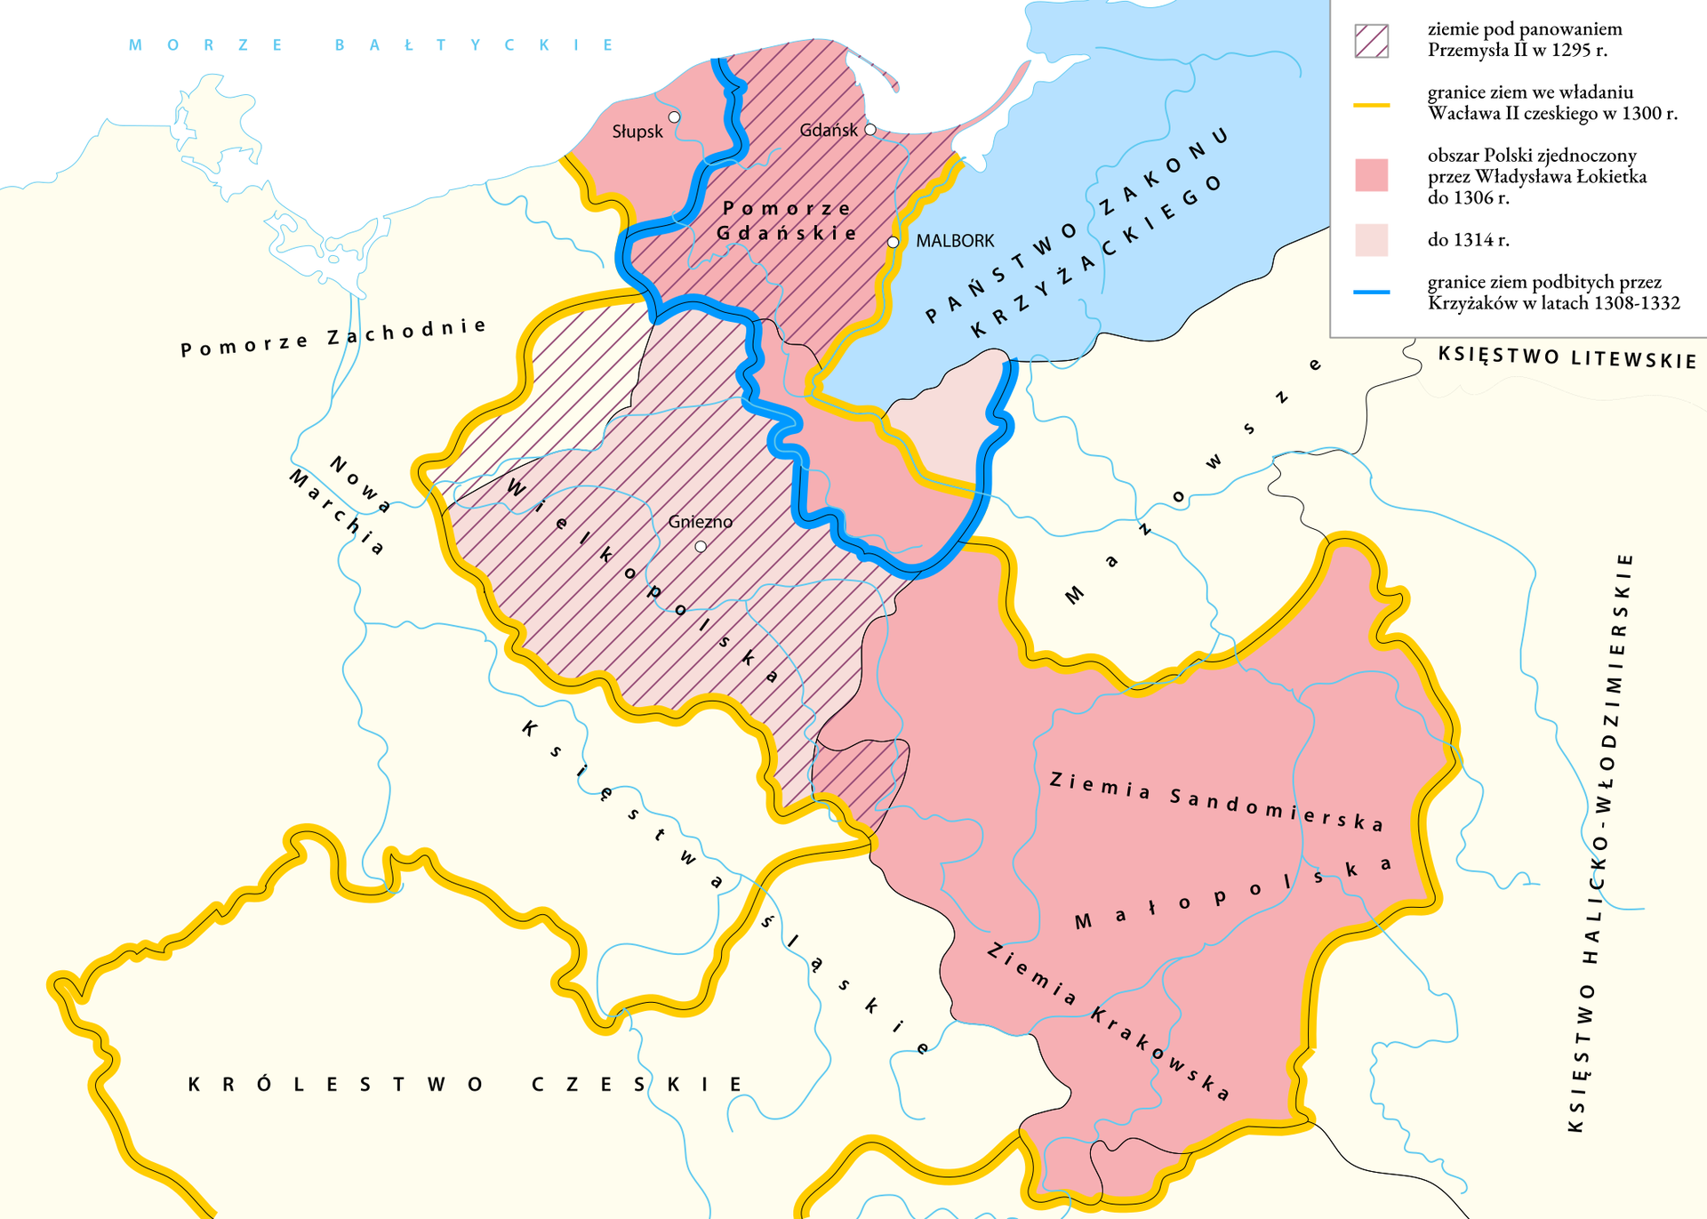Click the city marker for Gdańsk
point(870,130)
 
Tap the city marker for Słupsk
point(674,117)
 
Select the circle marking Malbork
point(894,242)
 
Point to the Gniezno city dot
point(701,547)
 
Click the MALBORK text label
point(955,241)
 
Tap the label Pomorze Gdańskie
point(787,221)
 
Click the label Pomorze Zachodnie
point(333,337)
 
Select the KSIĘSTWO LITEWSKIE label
point(1567,358)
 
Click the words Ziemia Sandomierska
point(1216,802)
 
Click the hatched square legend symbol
point(1371,41)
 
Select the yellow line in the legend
point(1371,105)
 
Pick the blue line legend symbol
point(1371,293)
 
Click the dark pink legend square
point(1371,175)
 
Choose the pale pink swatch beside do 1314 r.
point(1371,240)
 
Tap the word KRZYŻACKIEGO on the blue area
point(1097,256)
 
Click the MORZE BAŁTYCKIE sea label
point(371,45)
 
